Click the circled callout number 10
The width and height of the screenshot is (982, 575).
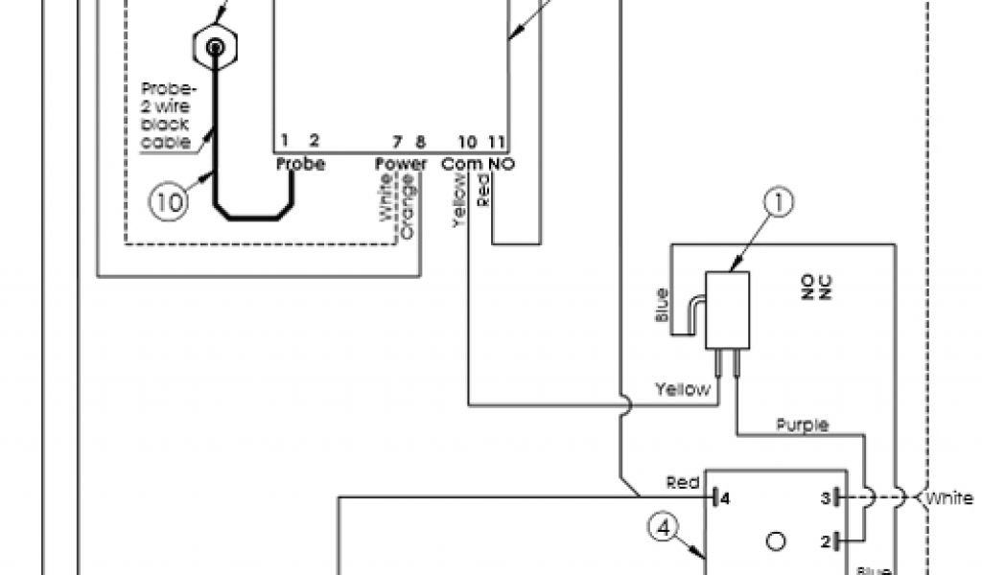pyautogui.click(x=169, y=202)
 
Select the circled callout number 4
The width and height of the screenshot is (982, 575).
pyautogui.click(x=664, y=525)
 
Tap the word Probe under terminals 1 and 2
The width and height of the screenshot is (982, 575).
pyautogui.click(x=301, y=164)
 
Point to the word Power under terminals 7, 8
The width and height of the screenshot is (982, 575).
pyautogui.click(x=401, y=164)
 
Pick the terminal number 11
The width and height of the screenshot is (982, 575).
pyautogui.click(x=497, y=141)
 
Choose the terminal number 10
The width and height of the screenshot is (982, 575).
pyautogui.click(x=467, y=141)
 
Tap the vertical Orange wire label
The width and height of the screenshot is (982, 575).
pyautogui.click(x=409, y=207)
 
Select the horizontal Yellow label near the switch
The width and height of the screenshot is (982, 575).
pyautogui.click(x=683, y=389)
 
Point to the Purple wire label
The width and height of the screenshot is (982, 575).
pyautogui.click(x=803, y=425)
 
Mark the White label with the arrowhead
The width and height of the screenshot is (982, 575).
pyautogui.click(x=948, y=498)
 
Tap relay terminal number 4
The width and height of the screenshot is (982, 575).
pyautogui.click(x=726, y=498)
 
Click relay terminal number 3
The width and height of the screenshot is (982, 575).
pyautogui.click(x=824, y=498)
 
